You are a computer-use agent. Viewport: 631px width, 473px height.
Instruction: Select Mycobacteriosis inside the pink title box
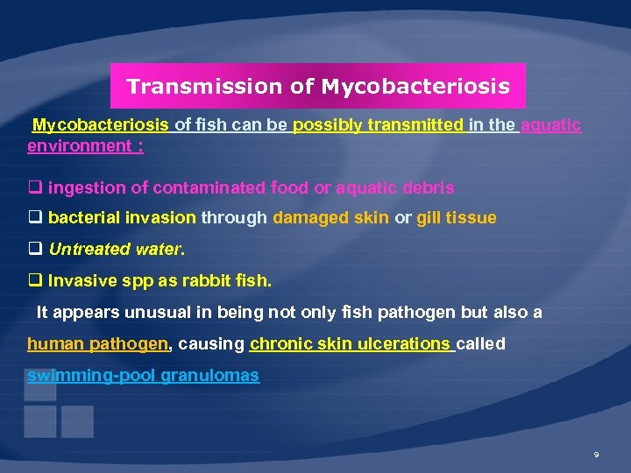point(415,87)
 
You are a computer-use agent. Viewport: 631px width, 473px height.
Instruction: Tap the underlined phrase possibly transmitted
point(378,125)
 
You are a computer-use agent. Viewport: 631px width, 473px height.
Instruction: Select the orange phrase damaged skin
point(330,218)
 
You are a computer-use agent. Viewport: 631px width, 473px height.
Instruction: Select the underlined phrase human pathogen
point(97,344)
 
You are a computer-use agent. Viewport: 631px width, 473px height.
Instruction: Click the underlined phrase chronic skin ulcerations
point(351,344)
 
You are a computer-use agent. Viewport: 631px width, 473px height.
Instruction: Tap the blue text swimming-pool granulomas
point(143,376)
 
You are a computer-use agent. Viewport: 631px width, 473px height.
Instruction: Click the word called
point(481,344)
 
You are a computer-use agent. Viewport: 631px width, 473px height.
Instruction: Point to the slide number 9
point(596,455)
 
